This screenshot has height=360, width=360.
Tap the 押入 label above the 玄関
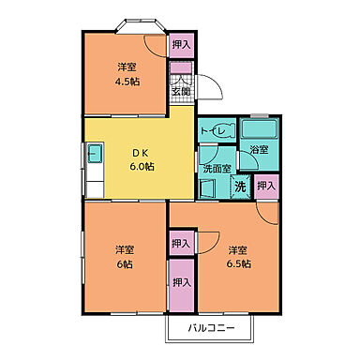tap(181, 44)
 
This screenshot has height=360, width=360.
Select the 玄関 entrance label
tap(180, 91)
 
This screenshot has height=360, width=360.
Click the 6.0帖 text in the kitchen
tap(142, 166)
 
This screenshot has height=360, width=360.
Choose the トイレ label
tap(217, 132)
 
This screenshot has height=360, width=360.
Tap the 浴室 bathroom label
tap(259, 150)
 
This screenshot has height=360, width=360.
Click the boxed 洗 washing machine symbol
tap(240, 187)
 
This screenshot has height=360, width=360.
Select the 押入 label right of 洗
tap(267, 186)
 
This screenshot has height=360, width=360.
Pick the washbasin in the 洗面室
tap(209, 186)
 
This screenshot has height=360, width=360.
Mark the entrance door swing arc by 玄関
tap(211, 86)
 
